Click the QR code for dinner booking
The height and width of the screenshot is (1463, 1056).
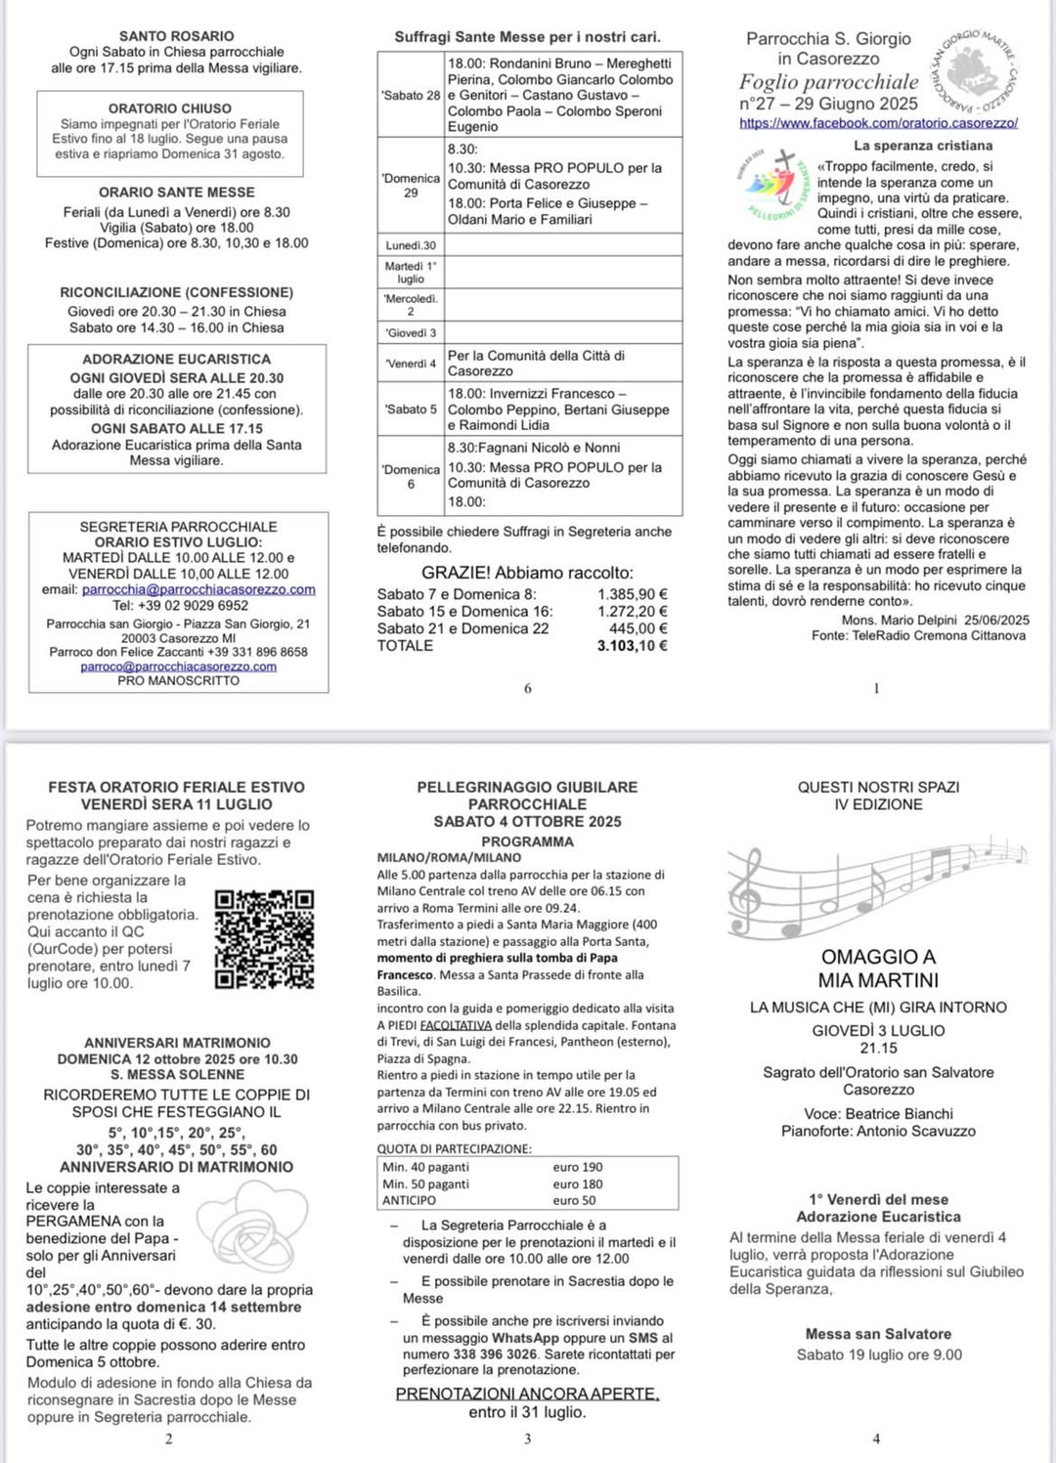[264, 938]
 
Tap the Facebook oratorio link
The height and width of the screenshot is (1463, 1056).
[878, 123]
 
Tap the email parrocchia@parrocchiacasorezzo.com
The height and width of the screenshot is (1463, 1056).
[198, 589]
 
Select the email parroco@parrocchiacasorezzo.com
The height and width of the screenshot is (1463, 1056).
[178, 667]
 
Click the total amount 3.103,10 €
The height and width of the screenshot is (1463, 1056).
[632, 645]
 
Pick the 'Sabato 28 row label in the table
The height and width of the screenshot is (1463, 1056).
[411, 96]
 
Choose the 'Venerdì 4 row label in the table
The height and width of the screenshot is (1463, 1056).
[411, 364]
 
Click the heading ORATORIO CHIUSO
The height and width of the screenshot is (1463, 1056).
[170, 108]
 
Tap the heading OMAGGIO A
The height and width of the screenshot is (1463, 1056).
[878, 957]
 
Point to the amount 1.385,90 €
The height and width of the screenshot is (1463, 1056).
[633, 594]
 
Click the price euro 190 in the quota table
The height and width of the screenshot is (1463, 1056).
[578, 1167]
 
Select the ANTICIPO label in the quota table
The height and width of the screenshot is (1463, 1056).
[409, 1200]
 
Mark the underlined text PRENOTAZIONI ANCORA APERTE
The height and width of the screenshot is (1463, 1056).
[527, 1394]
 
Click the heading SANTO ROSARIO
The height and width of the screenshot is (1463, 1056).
[177, 36]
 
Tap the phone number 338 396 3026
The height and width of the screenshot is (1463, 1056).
[495, 1355]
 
